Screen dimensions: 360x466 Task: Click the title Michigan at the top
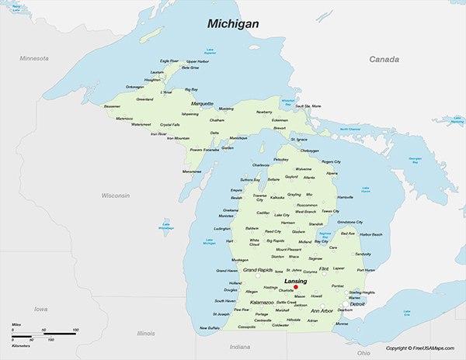(232, 25)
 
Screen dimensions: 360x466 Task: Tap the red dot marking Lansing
(296, 287)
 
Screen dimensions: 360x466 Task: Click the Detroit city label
(357, 304)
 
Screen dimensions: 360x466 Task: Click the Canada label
(384, 59)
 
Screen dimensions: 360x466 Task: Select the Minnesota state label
(34, 58)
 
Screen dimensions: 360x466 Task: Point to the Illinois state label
(146, 333)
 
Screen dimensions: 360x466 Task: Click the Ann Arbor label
(322, 311)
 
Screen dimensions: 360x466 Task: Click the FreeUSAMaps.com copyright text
(423, 348)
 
